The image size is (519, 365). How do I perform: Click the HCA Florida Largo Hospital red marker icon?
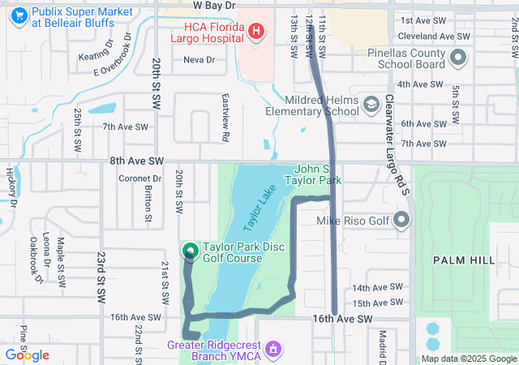pos(256,32)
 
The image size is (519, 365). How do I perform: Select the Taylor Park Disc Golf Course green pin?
pos(191,252)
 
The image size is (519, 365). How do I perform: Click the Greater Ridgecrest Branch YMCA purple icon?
pos(274,349)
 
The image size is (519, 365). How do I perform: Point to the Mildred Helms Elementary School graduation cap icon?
pos(371,105)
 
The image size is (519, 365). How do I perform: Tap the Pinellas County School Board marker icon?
pos(457,58)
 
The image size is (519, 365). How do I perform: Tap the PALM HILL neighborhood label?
pos(463,260)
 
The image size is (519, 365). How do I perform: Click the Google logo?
pos(28,355)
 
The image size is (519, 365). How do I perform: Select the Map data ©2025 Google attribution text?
pos(470,359)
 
